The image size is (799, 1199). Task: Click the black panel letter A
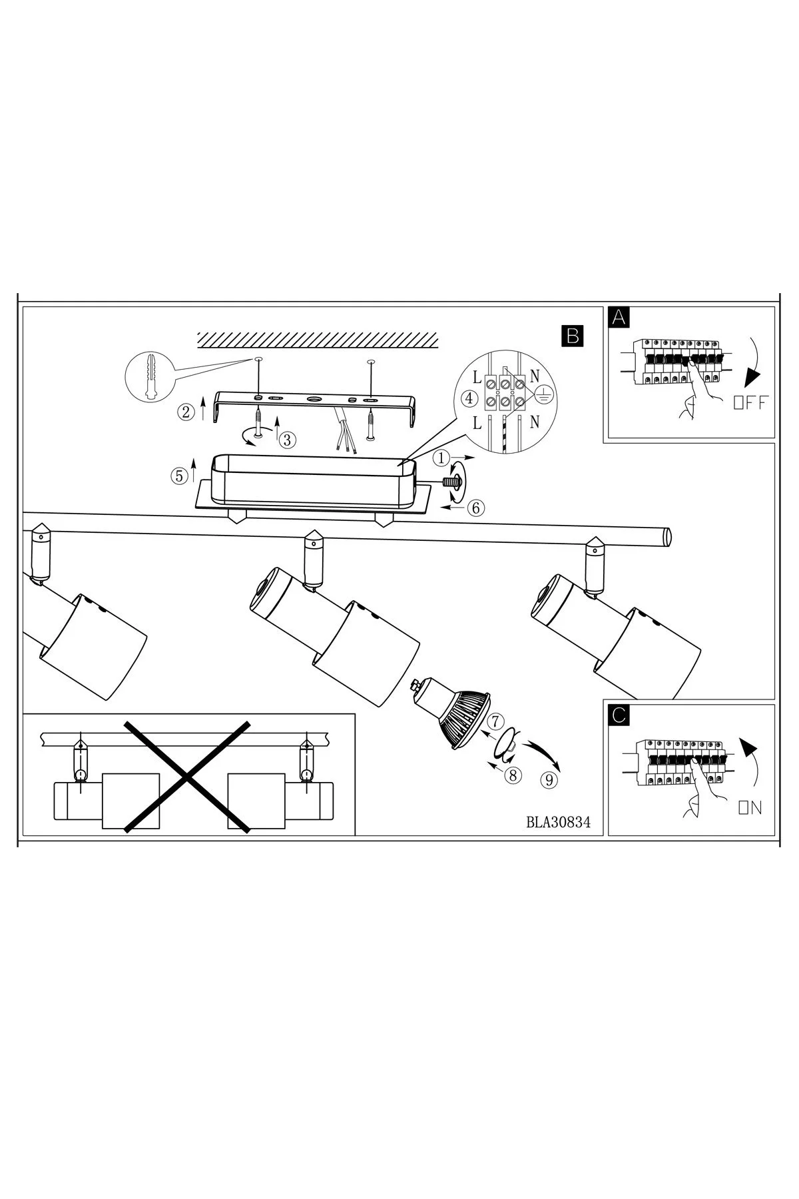pyautogui.click(x=619, y=317)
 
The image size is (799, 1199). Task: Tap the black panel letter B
pyautogui.click(x=572, y=336)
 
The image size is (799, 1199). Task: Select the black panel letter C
pyautogui.click(x=619, y=715)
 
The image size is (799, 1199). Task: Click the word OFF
pyautogui.click(x=750, y=402)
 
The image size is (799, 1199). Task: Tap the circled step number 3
pyautogui.click(x=288, y=440)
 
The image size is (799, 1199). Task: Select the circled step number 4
pyautogui.click(x=469, y=399)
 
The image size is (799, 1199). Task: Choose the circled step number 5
pyautogui.click(x=178, y=476)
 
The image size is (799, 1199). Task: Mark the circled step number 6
pyautogui.click(x=475, y=507)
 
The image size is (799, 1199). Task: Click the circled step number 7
pyautogui.click(x=495, y=721)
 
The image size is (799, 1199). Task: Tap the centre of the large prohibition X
pyautogui.click(x=188, y=776)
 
